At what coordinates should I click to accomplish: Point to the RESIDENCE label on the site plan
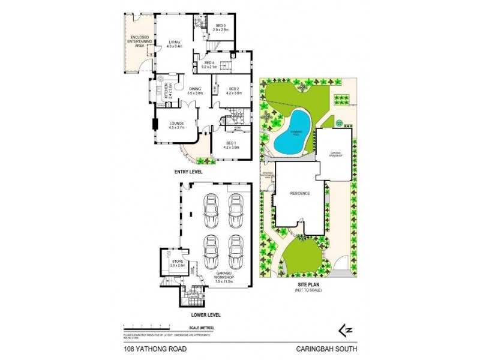(299, 194)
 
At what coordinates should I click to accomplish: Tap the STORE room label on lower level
(177, 263)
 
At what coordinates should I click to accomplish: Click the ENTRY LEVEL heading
(188, 172)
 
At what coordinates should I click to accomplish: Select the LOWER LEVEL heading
(206, 314)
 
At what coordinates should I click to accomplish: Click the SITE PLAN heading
(306, 286)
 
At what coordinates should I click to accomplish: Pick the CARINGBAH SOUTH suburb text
(331, 347)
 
